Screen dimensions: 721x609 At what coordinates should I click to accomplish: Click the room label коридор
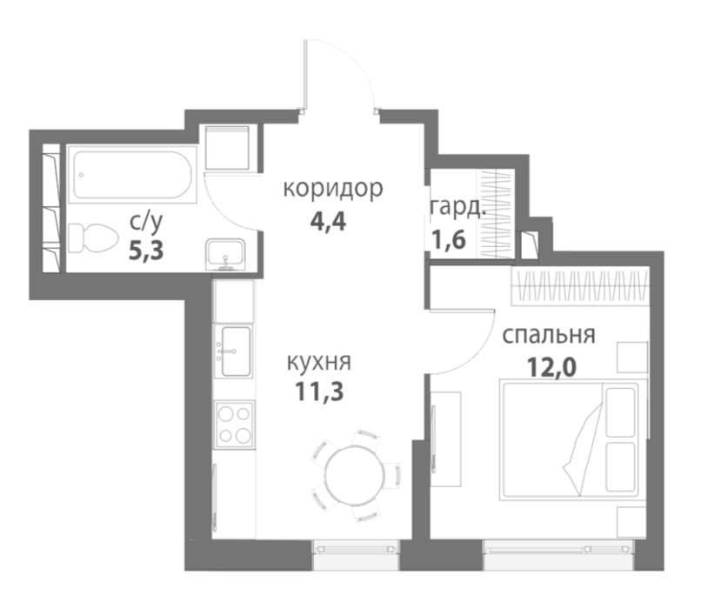tap(333, 190)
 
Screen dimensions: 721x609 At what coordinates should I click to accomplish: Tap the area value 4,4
tap(328, 222)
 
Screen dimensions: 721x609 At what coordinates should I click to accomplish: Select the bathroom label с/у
tap(146, 222)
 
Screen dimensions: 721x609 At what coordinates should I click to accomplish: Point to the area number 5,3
tap(146, 251)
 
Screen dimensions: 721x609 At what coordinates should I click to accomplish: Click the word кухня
tap(319, 362)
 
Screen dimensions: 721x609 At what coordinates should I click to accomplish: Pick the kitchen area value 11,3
tap(319, 391)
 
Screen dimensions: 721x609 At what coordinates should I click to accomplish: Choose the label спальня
tap(549, 335)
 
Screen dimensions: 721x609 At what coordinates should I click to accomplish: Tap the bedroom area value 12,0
tap(551, 367)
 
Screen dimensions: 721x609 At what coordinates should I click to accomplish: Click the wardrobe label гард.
tap(458, 208)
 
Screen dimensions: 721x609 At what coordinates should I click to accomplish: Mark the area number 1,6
tap(449, 239)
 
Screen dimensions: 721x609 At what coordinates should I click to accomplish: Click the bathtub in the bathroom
tap(132, 175)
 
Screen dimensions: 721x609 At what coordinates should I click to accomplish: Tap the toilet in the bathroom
tap(90, 238)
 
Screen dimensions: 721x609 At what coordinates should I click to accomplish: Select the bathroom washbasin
tap(225, 254)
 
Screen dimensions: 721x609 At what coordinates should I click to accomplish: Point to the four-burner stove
tap(235, 425)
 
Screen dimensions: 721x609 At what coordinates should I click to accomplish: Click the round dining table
tap(355, 475)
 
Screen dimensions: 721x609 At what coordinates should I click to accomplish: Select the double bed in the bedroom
tap(573, 439)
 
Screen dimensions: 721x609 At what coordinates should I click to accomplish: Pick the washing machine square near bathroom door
tap(227, 148)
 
